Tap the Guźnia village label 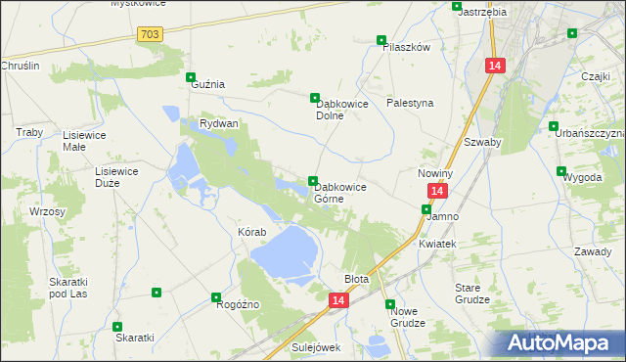[206, 84]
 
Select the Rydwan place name [219, 124]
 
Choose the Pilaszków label [407, 47]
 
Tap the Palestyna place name [410, 103]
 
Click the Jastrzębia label [481, 12]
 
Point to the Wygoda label [582, 178]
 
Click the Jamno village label [443, 216]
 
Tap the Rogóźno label [238, 304]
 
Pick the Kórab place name [251, 233]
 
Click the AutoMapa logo [559, 342]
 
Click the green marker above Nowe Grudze [390, 303]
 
